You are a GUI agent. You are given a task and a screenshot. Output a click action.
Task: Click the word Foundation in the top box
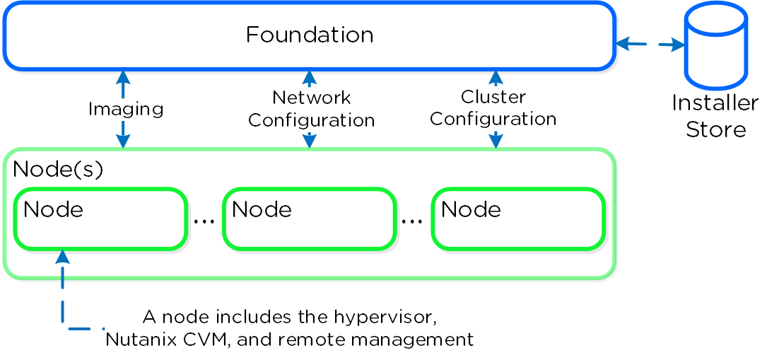pyautogui.click(x=310, y=35)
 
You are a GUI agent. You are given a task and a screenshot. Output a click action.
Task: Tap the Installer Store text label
pyautogui.click(x=715, y=117)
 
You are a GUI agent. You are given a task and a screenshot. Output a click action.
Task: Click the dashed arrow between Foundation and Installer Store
pyautogui.click(x=650, y=45)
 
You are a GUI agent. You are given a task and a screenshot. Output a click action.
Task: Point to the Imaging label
pyautogui.click(x=126, y=110)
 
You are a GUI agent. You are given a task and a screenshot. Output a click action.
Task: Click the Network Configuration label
pyautogui.click(x=311, y=108)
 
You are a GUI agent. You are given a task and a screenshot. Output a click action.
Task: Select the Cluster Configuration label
pyautogui.click(x=494, y=108)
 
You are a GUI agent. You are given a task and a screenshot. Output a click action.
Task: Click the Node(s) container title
pyautogui.click(x=58, y=170)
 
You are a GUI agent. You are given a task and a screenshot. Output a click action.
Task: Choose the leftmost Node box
pyautogui.click(x=100, y=219)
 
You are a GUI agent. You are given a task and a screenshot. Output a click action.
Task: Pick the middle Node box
pyautogui.click(x=308, y=219)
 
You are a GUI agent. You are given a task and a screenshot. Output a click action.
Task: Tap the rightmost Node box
pyautogui.click(x=517, y=219)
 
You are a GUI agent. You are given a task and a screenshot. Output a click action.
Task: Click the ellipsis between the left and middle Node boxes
pyautogui.click(x=204, y=221)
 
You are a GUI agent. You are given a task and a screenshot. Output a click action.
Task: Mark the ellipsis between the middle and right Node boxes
pyautogui.click(x=412, y=221)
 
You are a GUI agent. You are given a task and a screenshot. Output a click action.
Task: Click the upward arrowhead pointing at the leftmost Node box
pyautogui.click(x=63, y=256)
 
